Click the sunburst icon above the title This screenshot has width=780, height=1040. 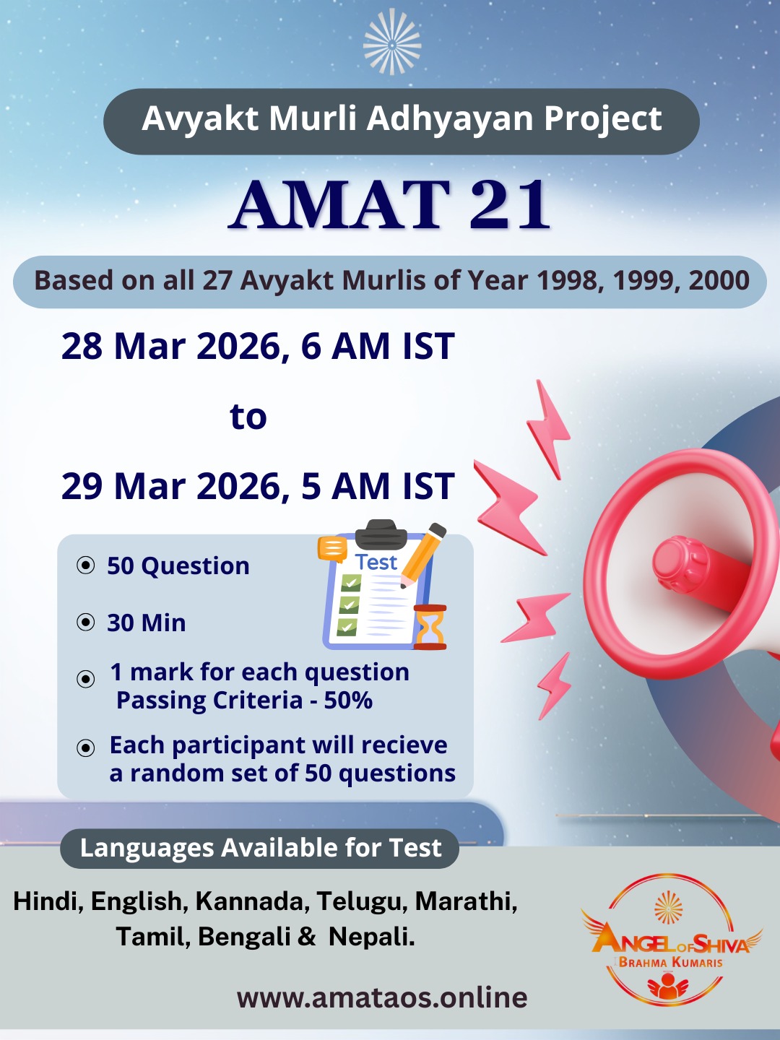391,43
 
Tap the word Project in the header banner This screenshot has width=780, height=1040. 602,119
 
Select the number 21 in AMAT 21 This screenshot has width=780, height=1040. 510,205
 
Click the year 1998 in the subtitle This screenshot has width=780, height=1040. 570,281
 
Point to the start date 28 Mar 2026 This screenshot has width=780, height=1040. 170,347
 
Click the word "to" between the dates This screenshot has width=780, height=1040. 248,417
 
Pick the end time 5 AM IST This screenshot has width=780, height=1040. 378,486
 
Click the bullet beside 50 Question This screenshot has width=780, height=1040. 86,565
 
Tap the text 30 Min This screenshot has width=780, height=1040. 147,623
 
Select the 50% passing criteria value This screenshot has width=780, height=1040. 348,701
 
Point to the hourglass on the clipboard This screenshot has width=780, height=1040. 430,627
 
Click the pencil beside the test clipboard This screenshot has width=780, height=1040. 424,553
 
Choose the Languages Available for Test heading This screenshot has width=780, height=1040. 260,848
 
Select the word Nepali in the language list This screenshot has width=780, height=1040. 371,937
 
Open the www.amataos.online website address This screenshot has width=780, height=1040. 382,997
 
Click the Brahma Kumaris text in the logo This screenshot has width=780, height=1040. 670,962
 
